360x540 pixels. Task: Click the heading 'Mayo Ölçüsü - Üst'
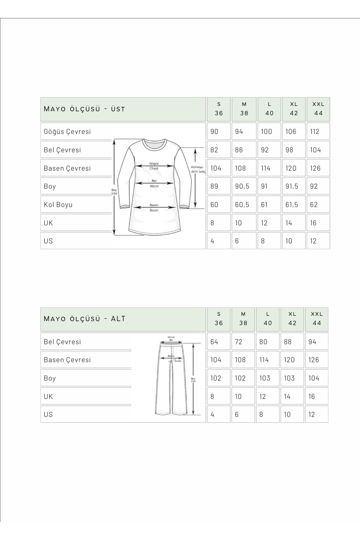(84, 109)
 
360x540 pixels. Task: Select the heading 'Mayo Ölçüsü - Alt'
(85, 319)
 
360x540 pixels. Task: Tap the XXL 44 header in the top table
(318, 109)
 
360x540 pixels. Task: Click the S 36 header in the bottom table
(218, 319)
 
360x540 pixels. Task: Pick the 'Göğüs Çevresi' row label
(67, 131)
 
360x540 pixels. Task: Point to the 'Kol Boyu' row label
(58, 205)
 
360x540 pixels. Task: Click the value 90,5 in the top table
(242, 186)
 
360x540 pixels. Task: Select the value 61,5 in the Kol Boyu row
(292, 205)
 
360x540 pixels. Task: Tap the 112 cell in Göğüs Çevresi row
(315, 131)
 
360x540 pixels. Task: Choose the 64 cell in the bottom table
(214, 342)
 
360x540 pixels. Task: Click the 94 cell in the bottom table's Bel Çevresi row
(312, 342)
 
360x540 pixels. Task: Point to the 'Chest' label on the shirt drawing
(154, 169)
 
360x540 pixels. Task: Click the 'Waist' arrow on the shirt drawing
(154, 183)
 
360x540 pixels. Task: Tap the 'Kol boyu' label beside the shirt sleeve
(197, 167)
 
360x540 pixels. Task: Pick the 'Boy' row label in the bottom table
(50, 378)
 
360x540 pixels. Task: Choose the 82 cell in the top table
(214, 150)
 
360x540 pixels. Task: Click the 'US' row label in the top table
(48, 241)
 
